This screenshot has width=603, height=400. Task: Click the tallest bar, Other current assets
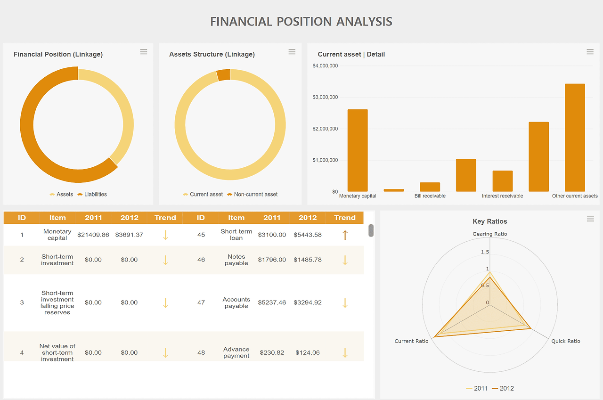575,138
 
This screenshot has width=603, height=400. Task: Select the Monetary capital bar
358,150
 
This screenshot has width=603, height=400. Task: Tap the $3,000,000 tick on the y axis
325,97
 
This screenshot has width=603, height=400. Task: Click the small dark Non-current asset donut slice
223,75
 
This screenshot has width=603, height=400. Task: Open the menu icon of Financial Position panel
144,52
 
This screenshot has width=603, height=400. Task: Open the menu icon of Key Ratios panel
590,219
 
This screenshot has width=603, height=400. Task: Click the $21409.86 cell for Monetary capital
93,235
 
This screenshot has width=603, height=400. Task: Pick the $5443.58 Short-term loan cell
308,235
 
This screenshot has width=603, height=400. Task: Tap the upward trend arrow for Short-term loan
345,235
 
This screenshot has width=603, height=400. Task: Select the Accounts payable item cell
236,302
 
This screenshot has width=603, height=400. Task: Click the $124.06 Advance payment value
308,352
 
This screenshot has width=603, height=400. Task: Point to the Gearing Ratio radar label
490,234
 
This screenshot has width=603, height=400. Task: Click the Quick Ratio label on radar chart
566,341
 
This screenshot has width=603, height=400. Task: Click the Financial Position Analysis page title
301,22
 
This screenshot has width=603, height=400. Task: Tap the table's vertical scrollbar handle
371,230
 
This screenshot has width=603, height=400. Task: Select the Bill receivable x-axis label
430,196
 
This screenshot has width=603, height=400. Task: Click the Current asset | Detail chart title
351,54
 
